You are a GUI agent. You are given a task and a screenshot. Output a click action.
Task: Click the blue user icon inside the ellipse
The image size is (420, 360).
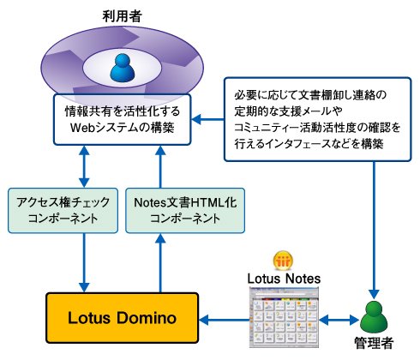click(123, 68)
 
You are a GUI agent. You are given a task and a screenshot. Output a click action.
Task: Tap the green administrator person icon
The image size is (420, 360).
click(374, 317)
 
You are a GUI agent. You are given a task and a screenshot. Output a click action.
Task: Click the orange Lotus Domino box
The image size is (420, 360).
click(123, 318)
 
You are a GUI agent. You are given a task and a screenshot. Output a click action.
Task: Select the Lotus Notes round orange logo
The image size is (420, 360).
click(283, 261)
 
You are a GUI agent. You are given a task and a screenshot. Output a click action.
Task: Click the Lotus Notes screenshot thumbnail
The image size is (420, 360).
click(284, 317)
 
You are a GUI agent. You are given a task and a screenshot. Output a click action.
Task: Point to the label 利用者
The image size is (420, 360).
click(123, 16)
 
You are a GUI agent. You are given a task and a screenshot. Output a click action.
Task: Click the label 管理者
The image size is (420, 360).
click(374, 343)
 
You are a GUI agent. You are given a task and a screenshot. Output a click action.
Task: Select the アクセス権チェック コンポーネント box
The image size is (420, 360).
click(63, 211)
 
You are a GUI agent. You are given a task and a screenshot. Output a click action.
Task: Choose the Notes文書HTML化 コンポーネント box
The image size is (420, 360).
click(185, 211)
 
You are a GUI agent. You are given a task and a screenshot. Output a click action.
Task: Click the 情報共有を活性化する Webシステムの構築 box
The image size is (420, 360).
click(123, 119)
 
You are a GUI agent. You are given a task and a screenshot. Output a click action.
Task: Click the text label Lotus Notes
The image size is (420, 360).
click(284, 279)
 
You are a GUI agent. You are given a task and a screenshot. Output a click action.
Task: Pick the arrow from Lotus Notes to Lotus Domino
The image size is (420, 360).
click(224, 320)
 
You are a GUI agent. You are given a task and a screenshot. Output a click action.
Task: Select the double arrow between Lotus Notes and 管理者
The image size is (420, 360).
click(339, 320)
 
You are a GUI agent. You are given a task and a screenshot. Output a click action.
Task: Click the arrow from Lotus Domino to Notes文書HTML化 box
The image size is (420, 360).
click(160, 263)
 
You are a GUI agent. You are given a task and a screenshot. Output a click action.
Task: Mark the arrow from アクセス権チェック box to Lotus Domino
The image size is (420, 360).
click(84, 263)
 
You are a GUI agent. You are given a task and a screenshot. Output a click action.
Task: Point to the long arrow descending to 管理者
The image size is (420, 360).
click(374, 230)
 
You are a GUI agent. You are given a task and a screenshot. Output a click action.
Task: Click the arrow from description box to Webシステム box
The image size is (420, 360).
click(207, 119)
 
